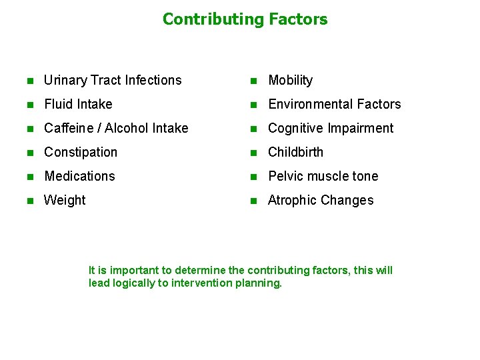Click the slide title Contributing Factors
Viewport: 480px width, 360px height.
pos(245,19)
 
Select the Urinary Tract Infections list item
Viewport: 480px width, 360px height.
pos(113,81)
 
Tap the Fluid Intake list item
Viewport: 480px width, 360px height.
pos(78,105)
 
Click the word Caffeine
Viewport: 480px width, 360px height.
pos(69,129)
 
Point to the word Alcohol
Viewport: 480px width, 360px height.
pos(128,129)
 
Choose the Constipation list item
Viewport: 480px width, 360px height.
pos(81,153)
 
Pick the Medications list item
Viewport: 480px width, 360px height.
pos(79,177)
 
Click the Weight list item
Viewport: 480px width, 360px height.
pos(65,201)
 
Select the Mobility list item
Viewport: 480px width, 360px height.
pos(290,81)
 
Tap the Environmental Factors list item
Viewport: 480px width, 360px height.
pos(334,105)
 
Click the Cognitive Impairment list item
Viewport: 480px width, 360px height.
pos(331,129)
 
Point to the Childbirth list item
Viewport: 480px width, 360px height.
pos(295,153)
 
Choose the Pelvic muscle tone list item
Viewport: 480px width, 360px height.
pos(323,177)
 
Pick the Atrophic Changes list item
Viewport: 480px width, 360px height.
pos(321,201)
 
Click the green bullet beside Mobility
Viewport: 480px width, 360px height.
pos(253,81)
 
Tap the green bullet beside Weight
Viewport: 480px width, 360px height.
pos(29,201)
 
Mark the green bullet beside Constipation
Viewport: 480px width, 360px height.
pos(29,153)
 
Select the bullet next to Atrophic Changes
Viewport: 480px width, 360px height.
pos(253,201)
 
